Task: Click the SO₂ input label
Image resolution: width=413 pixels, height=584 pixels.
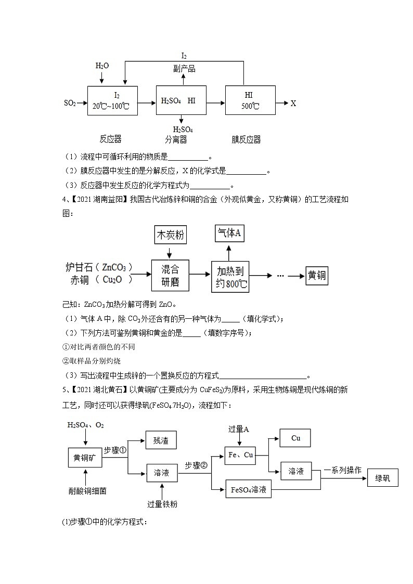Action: [x=70, y=103]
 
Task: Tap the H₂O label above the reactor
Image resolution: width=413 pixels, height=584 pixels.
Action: [x=102, y=66]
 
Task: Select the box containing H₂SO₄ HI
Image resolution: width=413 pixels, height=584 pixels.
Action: [x=181, y=100]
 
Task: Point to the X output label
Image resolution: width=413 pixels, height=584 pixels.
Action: [x=293, y=103]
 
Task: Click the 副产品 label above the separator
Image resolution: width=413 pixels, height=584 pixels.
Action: [x=184, y=69]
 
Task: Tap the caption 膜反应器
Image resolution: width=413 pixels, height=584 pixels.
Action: [x=246, y=139]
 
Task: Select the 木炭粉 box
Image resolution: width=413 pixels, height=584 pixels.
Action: [x=170, y=236]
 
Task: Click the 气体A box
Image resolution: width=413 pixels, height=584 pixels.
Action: [x=230, y=234]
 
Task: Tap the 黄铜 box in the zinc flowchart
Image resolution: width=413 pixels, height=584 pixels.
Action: [x=316, y=276]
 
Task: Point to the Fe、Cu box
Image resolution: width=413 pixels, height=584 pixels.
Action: [x=241, y=456]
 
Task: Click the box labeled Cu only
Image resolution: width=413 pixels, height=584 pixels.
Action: [x=295, y=438]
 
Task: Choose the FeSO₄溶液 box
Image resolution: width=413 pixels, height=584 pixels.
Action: [x=248, y=489]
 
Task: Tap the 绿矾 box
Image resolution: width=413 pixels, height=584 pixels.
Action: [x=382, y=477]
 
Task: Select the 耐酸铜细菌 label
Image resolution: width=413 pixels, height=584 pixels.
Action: [x=85, y=490]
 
